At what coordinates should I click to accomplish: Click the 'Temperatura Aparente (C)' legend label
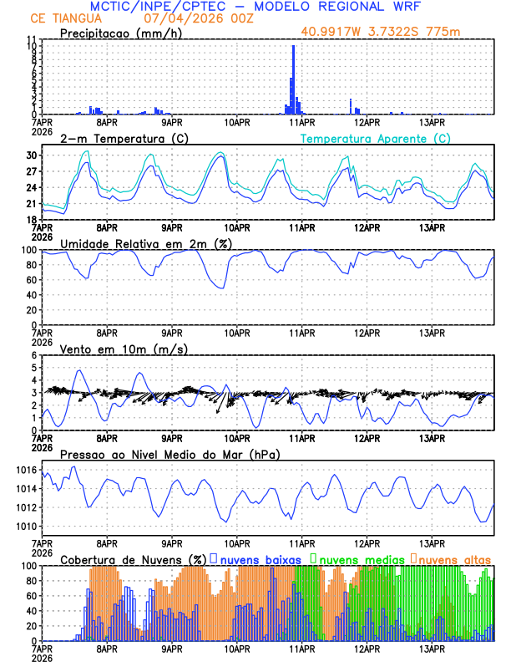376,138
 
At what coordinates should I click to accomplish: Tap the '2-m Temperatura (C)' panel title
119,138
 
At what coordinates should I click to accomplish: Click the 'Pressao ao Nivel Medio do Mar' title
169,454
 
